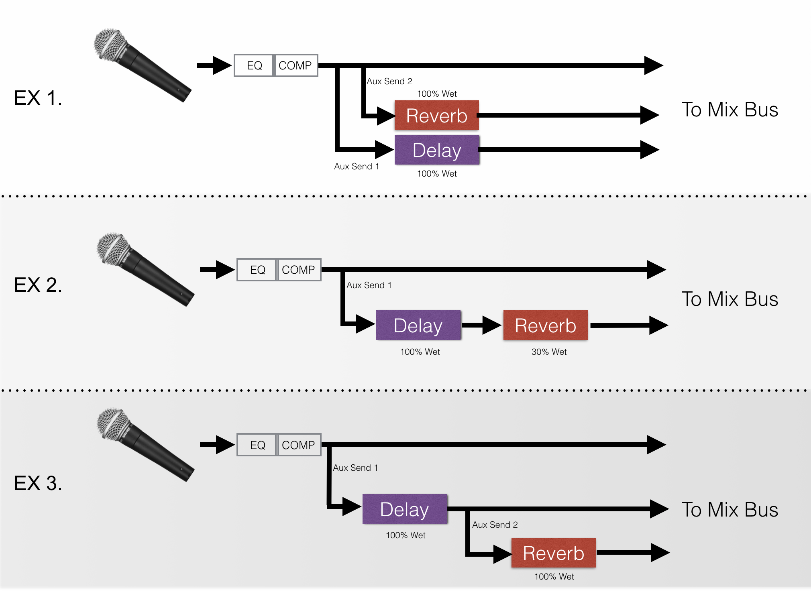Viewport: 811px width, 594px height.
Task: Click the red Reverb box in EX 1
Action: point(436,116)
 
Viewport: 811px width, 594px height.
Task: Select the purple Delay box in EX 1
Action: point(436,150)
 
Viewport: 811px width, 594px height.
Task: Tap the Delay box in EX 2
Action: point(418,325)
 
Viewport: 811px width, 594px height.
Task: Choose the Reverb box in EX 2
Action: point(545,325)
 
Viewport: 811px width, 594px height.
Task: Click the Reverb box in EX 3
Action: point(553,553)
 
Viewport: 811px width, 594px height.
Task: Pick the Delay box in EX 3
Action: point(404,509)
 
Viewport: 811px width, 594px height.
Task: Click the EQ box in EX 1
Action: point(254,65)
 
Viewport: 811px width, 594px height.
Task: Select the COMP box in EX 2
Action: point(298,270)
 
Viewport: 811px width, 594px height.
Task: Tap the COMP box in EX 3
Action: point(298,445)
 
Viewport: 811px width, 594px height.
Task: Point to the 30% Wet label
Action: point(549,352)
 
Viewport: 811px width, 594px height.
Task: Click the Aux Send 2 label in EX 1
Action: point(389,81)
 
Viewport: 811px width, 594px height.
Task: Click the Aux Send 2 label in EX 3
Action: point(495,525)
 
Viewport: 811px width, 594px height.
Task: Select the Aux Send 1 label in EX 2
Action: point(369,285)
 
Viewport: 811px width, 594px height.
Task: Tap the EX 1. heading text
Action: point(38,98)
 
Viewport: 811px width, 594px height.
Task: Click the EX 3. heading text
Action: point(38,483)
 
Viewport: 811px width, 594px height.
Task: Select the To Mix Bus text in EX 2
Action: point(729,299)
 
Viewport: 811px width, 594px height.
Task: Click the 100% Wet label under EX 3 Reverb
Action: point(554,577)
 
